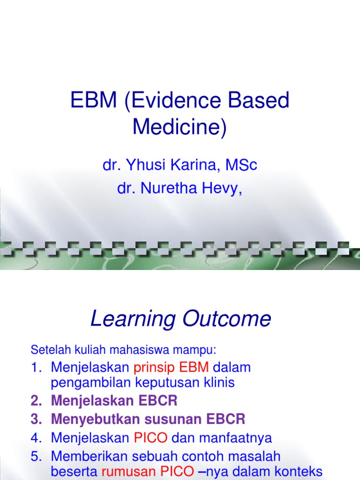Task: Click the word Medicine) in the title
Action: [180, 127]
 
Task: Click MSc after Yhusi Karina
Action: [241, 165]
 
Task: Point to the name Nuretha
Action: [162, 189]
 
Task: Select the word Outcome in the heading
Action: [225, 319]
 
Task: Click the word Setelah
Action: [46, 350]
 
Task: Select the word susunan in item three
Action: [162, 418]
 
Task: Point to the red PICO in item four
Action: [150, 438]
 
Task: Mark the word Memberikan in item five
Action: [88, 456]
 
